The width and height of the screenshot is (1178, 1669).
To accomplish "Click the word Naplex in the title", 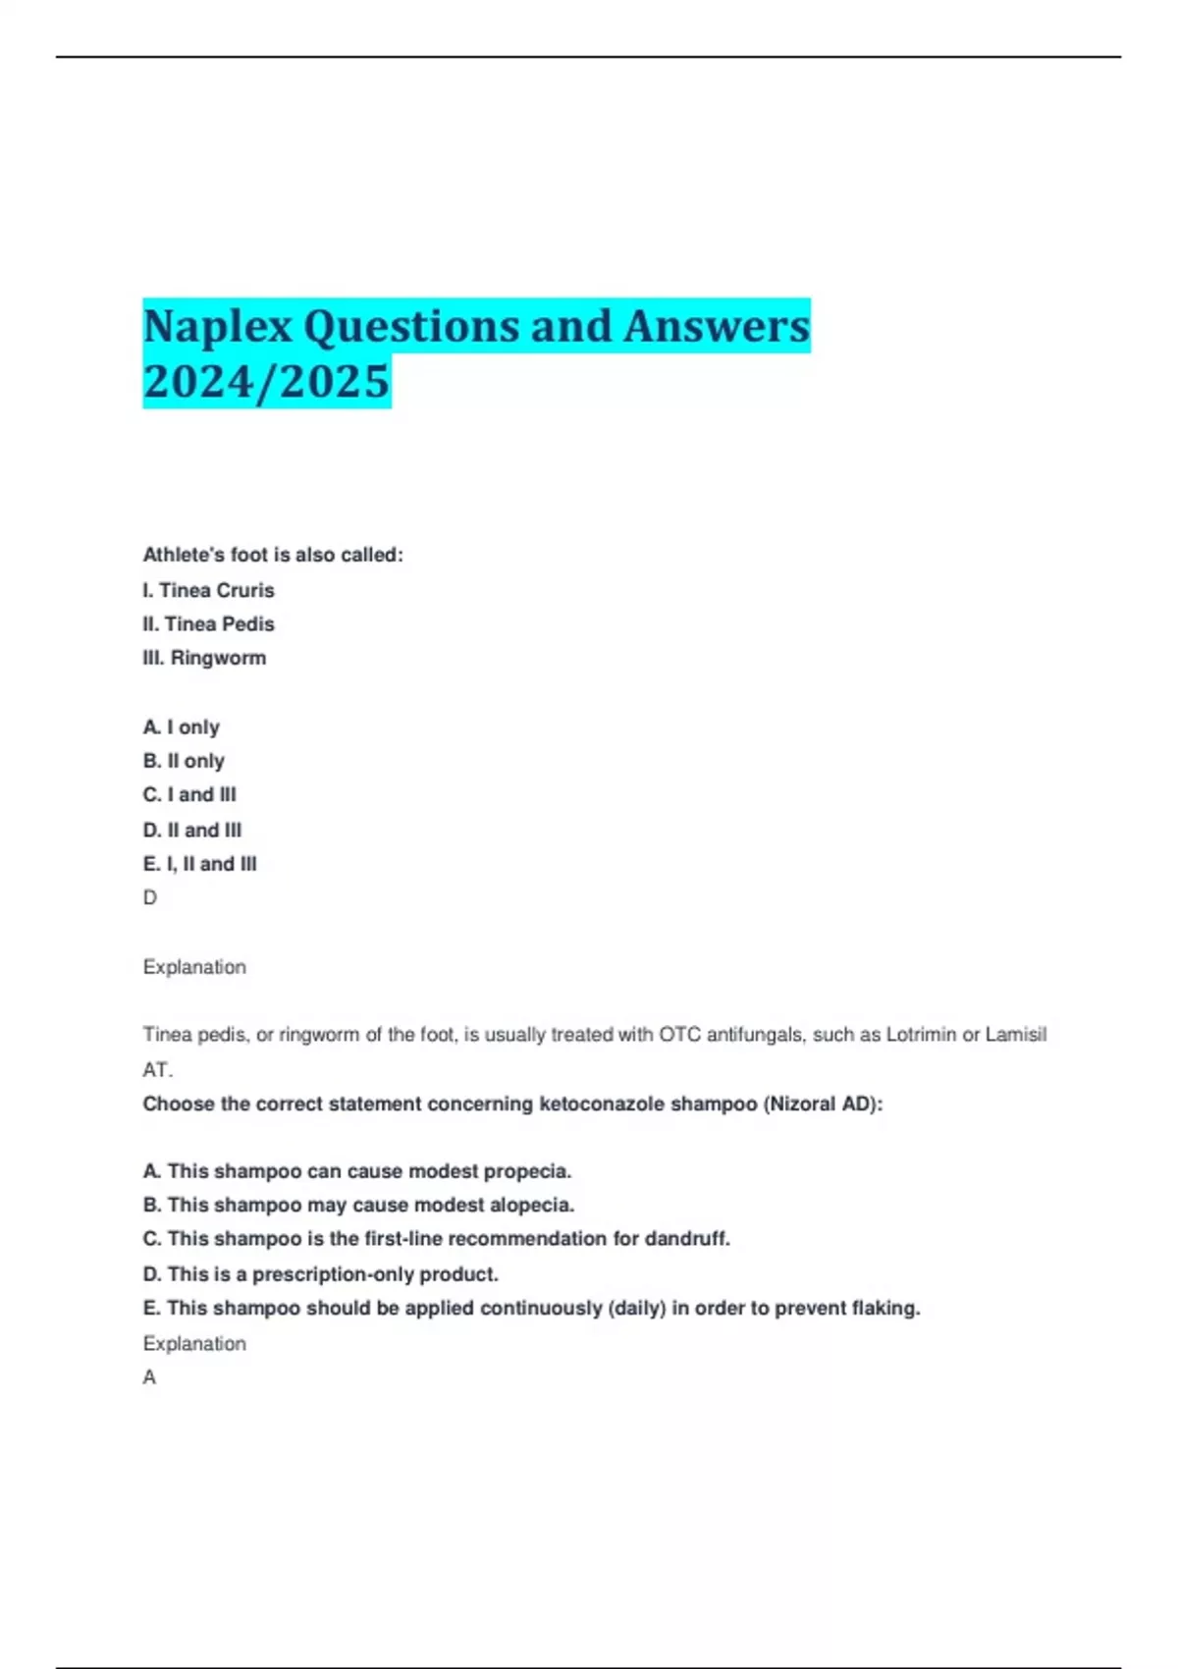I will pos(218,327).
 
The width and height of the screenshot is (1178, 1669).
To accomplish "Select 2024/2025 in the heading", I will pos(266,382).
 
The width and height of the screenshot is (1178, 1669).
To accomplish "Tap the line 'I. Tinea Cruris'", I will pos(208,590).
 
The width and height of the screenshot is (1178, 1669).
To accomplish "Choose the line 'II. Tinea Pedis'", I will pos(208,624).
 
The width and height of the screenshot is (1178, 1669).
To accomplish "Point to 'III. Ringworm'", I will pos(204,658).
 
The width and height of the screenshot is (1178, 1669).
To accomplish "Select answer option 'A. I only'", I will pos(182,727).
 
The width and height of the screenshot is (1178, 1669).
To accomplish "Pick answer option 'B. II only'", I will pos(184,761).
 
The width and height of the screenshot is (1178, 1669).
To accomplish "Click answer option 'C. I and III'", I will pos(189,794).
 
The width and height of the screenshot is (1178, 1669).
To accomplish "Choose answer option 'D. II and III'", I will pos(192,830).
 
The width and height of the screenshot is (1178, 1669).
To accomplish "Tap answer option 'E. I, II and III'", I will pos(199,864).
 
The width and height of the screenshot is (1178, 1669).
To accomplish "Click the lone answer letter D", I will pos(150,897).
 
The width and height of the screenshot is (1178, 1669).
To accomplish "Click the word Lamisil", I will pos(1016,1035).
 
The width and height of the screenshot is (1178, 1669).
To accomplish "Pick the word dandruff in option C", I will pos(686,1239).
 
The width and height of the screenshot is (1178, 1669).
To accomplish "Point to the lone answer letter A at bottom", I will pos(149,1377).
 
